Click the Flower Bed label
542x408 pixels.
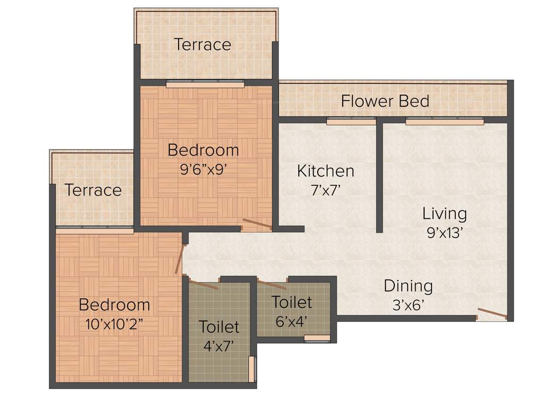(385, 100)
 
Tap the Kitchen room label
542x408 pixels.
(325, 171)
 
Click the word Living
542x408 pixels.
(444, 214)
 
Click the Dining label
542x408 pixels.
(408, 286)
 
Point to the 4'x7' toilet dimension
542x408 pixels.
(219, 345)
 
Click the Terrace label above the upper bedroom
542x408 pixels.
(202, 44)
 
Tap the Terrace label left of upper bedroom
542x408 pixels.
(93, 190)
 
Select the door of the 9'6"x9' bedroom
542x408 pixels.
(257, 224)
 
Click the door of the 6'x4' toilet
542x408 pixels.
(272, 284)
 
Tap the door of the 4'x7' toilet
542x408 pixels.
(204, 284)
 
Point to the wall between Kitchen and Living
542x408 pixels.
(379, 175)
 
